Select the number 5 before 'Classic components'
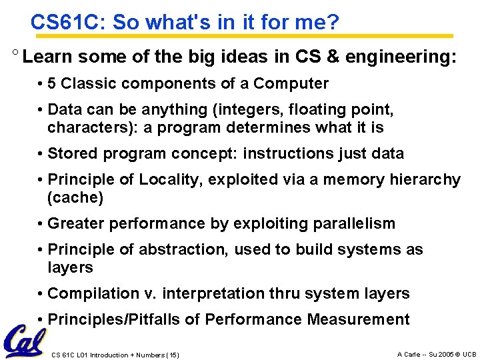pos(52,84)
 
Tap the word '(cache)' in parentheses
pos(75,198)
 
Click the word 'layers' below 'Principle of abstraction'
pos(70,267)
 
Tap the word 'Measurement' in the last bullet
pos(358,320)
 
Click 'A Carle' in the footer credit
pos(409,354)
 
